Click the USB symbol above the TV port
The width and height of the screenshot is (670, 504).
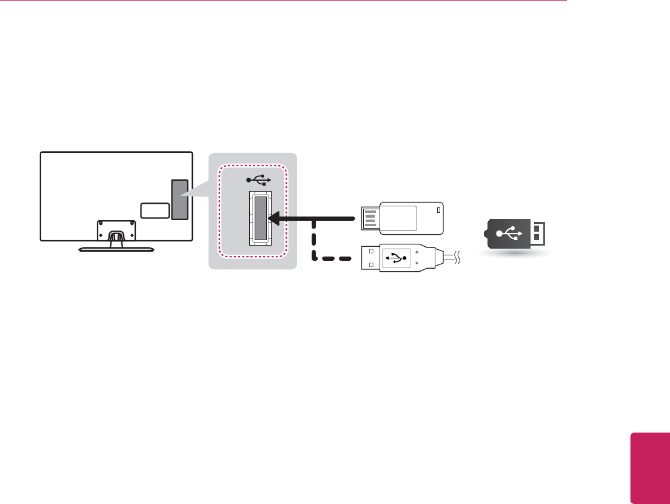click(260, 180)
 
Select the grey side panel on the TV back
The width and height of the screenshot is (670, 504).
click(179, 200)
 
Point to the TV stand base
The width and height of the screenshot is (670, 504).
click(116, 247)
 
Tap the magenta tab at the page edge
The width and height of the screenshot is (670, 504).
click(649, 468)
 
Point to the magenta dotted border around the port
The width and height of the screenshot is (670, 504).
click(222, 212)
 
